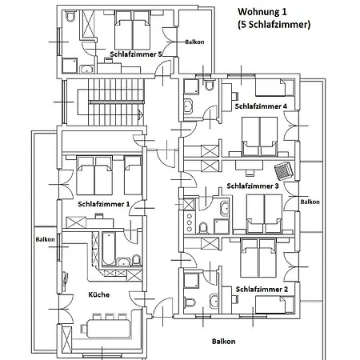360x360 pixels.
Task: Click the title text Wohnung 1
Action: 262,12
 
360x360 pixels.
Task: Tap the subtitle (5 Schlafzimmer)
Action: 274,25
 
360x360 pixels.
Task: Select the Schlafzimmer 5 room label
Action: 136,54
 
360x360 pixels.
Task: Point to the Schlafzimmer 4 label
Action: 261,106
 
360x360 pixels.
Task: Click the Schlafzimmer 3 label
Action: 253,186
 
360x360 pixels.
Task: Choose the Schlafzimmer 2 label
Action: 262,290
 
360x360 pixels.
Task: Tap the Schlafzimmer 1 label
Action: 104,204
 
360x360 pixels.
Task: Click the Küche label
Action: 99,294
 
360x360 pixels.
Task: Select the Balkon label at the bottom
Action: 223,342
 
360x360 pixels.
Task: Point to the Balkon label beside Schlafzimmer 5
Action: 194,42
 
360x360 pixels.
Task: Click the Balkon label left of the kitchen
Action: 45,239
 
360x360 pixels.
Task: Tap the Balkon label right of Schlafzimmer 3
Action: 310,202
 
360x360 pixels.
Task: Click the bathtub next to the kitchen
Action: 109,249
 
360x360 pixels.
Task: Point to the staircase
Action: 110,102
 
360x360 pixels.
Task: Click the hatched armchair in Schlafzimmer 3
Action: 284,171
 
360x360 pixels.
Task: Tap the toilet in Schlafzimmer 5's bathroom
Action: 70,16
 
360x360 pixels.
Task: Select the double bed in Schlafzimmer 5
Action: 132,30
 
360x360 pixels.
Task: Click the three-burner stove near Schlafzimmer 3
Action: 190,222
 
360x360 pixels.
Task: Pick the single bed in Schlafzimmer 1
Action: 133,175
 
